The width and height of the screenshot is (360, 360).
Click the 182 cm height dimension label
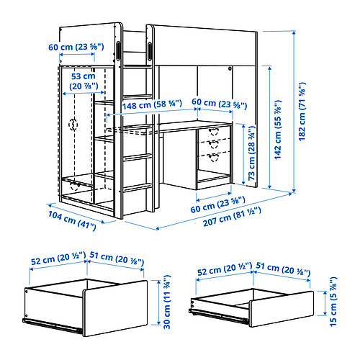pos(302,112)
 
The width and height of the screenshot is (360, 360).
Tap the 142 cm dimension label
pos(278,130)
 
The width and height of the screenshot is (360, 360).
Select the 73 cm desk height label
pos(251,153)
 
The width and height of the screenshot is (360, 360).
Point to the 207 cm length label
pos(232,217)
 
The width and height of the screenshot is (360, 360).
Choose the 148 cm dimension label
pos(152,104)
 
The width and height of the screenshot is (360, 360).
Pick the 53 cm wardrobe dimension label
pos(84,81)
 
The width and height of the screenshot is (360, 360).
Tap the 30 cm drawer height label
pos(167,302)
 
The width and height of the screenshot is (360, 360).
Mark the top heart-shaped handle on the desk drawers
pos(213,132)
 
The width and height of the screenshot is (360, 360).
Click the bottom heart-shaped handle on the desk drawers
pos(213,158)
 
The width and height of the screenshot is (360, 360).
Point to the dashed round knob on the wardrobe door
pos(73,125)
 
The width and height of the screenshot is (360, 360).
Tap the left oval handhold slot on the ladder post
pos(118,50)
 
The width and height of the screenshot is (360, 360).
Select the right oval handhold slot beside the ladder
pos(150,50)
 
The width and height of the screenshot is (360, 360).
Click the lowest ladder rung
pos(138,187)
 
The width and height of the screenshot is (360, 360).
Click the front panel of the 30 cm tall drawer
pos(115,308)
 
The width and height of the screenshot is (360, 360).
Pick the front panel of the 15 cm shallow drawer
pos(282,309)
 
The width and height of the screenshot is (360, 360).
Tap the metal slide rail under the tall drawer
pos(53,325)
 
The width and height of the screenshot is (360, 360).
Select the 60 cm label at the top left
pos(76,47)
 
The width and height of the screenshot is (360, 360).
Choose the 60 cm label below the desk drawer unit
pos(218,204)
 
